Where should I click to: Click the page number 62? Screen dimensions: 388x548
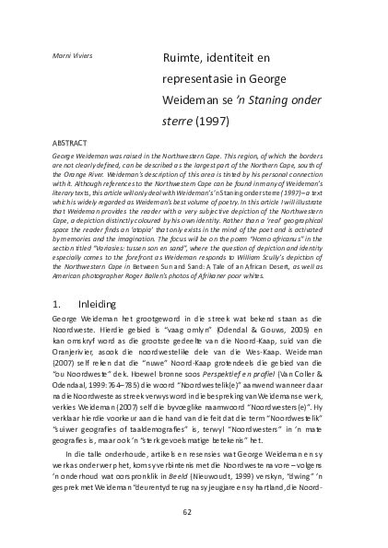[x=187, y=513]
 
